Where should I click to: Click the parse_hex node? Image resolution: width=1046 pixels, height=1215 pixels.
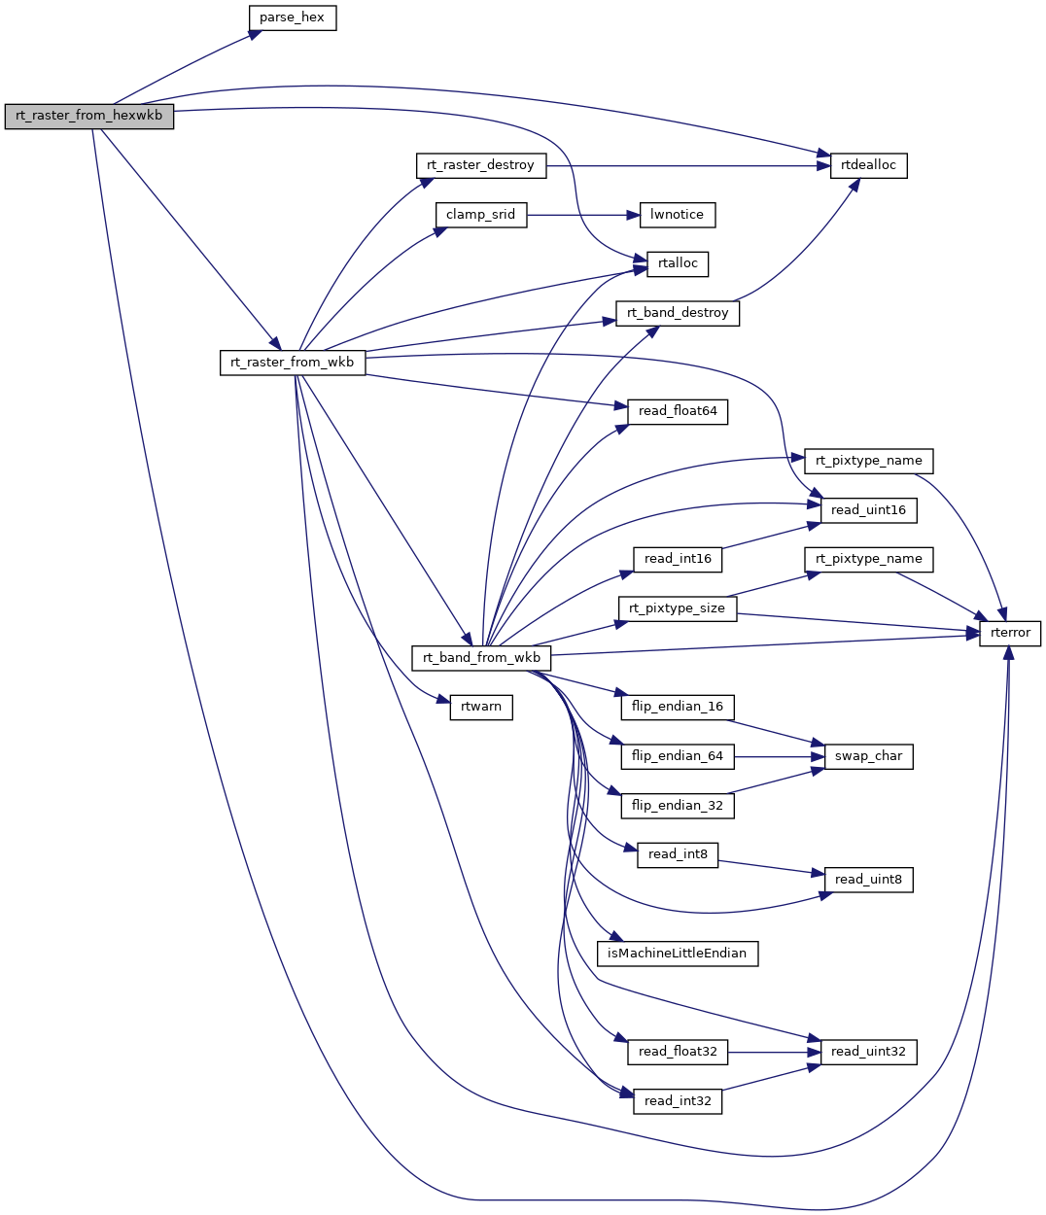coord(292,17)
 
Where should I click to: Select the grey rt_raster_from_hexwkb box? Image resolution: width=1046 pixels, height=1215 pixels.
coord(88,117)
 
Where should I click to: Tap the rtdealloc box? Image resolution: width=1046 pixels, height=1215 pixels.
coord(868,165)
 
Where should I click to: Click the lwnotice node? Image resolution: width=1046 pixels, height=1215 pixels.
coord(678,215)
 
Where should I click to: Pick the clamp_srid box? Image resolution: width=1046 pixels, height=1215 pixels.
coord(480,215)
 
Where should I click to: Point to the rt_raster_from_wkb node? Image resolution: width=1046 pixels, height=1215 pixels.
coord(293,363)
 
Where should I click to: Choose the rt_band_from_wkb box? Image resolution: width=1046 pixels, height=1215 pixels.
coord(481,658)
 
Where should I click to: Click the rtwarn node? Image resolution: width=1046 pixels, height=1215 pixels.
coord(481,707)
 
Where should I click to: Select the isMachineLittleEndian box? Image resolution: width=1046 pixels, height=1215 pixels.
coord(677,954)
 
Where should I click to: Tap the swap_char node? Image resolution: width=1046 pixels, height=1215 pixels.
coord(868,756)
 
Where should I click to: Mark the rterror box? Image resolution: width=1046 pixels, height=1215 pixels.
coord(1010,633)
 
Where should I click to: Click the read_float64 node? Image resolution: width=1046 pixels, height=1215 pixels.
coord(678,411)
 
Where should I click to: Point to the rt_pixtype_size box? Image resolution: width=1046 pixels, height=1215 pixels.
coord(678,608)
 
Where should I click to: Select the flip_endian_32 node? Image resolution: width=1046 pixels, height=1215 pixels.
coord(678,806)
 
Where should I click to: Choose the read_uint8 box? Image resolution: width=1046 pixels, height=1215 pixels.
coord(868,880)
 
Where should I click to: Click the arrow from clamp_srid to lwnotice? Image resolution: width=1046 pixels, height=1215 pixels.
coord(583,215)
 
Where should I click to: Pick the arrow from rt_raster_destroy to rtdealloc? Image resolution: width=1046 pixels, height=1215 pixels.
coord(680,165)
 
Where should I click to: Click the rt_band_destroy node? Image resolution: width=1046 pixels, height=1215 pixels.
coord(678,313)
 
